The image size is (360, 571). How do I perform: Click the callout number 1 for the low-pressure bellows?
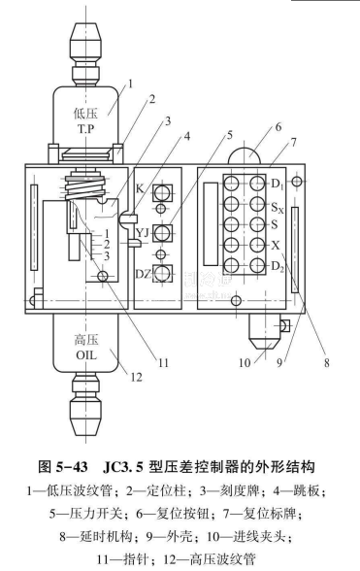[130, 84]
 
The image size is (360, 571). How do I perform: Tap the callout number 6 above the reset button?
[278, 127]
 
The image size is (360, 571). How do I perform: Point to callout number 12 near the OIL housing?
[136, 377]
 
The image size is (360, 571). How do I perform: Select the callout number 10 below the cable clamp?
[245, 363]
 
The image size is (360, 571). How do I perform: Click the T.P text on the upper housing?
[86, 129]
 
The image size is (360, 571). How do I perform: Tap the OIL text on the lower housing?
[86, 354]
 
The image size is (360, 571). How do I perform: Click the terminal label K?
[140, 188]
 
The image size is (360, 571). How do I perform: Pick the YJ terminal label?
[143, 233]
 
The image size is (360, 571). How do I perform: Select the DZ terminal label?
[143, 274]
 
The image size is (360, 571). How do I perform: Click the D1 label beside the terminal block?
[278, 185]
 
